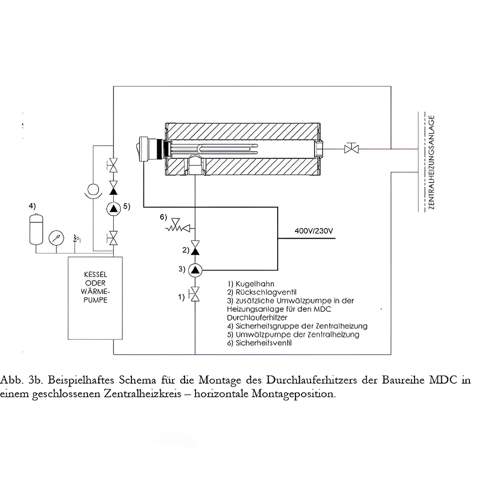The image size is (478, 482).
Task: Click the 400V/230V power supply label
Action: point(314,231)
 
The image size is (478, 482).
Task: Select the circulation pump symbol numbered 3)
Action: point(195,270)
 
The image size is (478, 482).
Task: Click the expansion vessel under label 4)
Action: point(34,229)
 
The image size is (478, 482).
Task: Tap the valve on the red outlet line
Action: point(353,148)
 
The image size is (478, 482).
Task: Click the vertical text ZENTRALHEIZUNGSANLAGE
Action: point(432,163)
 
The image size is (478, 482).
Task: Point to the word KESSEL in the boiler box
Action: point(95,275)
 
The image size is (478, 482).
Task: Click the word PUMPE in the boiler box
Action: point(95,301)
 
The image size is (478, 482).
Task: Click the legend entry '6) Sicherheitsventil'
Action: point(260,343)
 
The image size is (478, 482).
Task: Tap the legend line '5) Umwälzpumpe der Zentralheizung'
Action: point(293,334)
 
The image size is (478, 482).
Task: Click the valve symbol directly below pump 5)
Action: point(114,236)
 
